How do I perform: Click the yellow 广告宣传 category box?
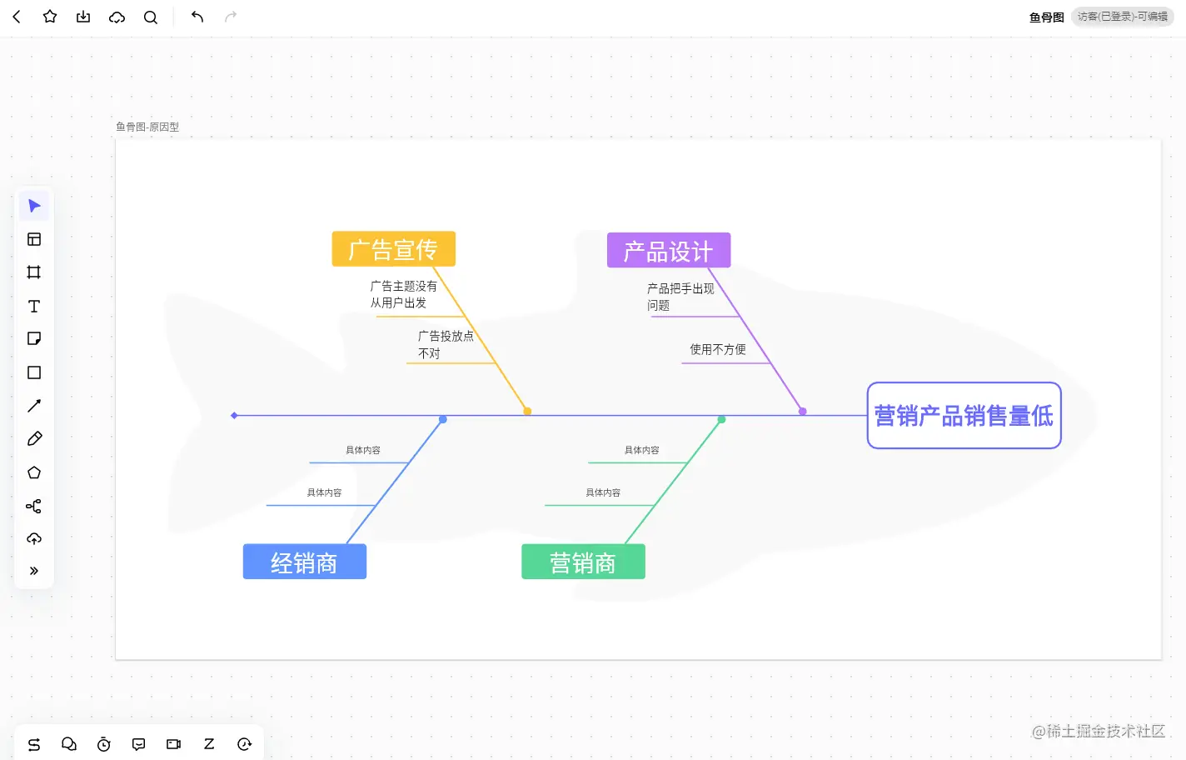[393, 249]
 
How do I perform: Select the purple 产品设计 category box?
[668, 251]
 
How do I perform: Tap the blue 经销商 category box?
[304, 562]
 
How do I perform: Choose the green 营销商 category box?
[583, 562]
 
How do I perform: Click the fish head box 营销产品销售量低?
[964, 416]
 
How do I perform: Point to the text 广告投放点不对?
[445, 345]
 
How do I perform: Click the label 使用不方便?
[717, 350]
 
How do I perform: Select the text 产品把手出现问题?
[680, 297]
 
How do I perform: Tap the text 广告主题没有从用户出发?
[403, 294]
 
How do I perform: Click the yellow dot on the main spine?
[527, 412]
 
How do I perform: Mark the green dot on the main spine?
[721, 420]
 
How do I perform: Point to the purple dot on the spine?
[803, 412]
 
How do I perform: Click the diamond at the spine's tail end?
[235, 415]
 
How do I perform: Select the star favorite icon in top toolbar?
[50, 17]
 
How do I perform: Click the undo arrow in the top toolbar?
[197, 17]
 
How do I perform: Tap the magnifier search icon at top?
[151, 17]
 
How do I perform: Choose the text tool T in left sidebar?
[34, 307]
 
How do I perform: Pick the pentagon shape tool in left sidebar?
[34, 472]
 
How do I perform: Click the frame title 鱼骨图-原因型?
[147, 127]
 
